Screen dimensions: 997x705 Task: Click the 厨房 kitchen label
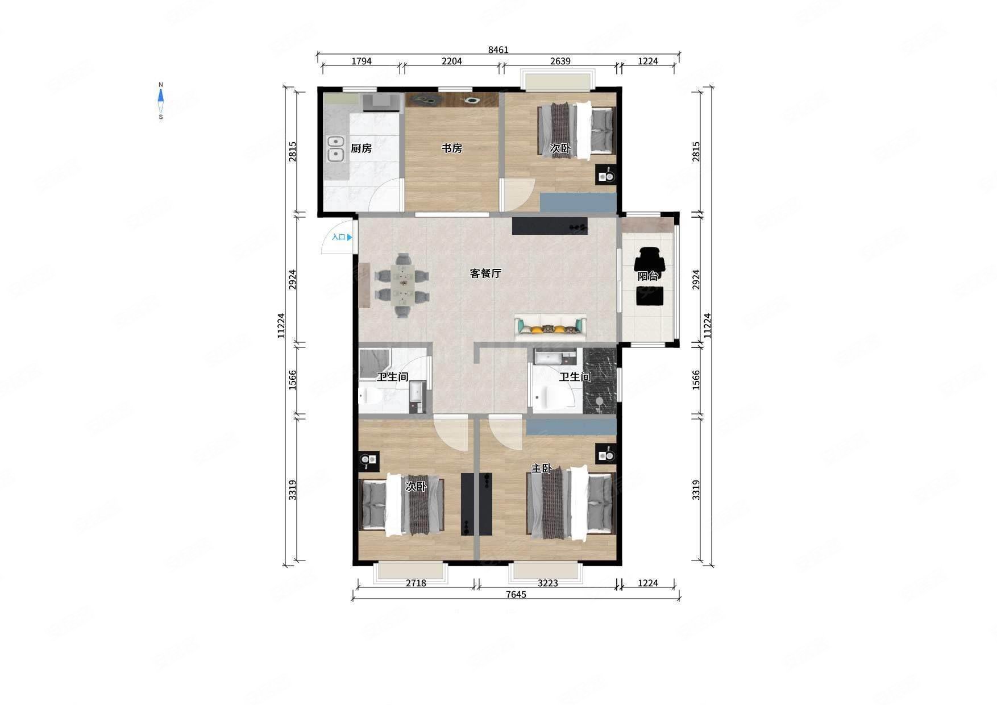point(361,148)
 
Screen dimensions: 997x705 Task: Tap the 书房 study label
point(452,148)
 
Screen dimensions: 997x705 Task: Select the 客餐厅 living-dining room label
point(485,273)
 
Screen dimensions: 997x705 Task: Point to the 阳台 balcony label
point(648,276)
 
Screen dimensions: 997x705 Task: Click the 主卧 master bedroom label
point(542,468)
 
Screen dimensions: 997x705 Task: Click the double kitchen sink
point(336,148)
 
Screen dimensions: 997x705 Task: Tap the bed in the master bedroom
point(571,502)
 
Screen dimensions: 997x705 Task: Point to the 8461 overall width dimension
point(498,49)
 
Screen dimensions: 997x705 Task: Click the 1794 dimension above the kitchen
point(362,61)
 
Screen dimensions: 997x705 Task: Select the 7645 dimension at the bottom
point(516,594)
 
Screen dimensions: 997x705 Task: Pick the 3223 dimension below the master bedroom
point(548,583)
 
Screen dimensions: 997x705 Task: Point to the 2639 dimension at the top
point(560,61)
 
